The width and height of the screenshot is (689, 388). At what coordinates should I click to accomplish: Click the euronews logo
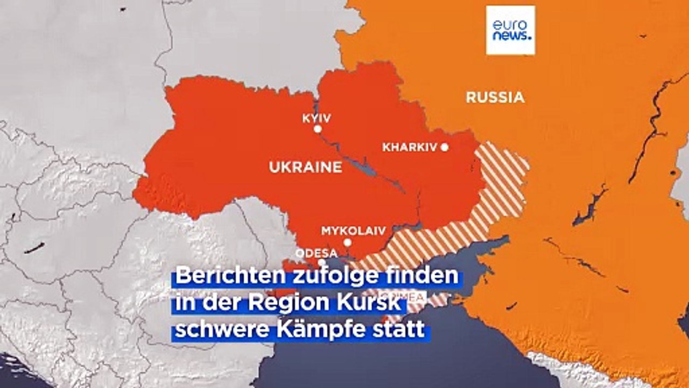(510, 30)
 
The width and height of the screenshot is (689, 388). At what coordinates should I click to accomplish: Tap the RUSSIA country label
(495, 98)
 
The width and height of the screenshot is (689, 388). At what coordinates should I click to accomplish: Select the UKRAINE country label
(305, 167)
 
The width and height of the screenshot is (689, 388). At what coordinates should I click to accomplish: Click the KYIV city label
(317, 118)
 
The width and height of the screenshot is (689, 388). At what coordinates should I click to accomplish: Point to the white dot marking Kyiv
(318, 129)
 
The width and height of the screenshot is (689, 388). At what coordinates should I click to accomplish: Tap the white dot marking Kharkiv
(444, 147)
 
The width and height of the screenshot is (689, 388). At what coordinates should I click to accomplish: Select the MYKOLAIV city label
(353, 231)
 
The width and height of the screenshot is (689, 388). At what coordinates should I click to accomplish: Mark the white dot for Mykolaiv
(347, 242)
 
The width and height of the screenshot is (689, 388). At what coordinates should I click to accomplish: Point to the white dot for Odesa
(321, 262)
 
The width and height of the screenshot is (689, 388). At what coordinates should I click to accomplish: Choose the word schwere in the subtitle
(213, 330)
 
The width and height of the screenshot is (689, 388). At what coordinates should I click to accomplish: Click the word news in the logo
(511, 37)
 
